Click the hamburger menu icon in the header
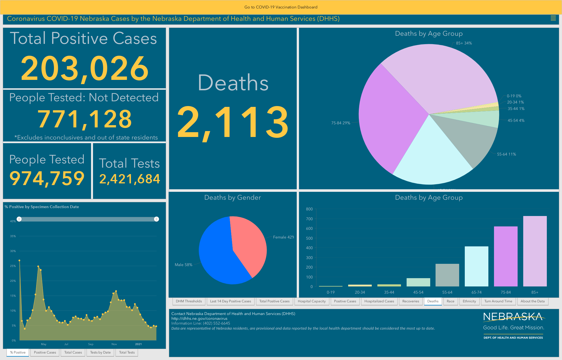click(x=553, y=18)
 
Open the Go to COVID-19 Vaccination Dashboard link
click(x=281, y=7)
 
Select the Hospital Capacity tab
click(x=312, y=301)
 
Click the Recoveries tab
click(x=411, y=301)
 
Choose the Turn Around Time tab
click(x=498, y=301)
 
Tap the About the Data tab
click(x=532, y=301)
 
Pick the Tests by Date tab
click(x=100, y=352)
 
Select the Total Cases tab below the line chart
click(x=73, y=352)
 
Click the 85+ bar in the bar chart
click(x=535, y=251)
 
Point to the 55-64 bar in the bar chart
click(x=447, y=275)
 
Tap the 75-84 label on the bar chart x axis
click(x=506, y=292)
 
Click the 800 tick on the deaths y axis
click(x=309, y=209)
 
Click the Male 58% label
click(x=183, y=265)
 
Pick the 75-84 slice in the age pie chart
click(x=388, y=118)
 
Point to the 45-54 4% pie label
click(x=516, y=120)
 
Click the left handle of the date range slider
click(x=19, y=219)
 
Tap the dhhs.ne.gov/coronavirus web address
click(x=199, y=318)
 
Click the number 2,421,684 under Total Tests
click(x=130, y=179)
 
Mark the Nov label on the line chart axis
click(x=114, y=344)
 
